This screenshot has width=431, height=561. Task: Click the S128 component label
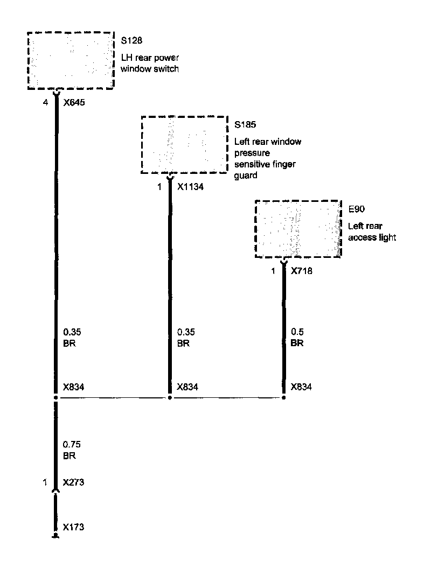(131, 40)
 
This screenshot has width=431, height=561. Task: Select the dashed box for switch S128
(71, 60)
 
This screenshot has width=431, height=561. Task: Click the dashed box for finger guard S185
(184, 144)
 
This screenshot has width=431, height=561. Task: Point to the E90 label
(356, 209)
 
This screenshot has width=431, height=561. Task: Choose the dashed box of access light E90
(298, 229)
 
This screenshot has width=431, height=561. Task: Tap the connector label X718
(302, 271)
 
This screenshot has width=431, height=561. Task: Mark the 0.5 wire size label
(296, 333)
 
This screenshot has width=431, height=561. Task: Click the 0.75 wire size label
(72, 445)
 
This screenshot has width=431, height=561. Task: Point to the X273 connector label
(74, 482)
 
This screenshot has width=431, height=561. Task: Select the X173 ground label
(74, 527)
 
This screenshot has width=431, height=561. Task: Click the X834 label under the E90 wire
(301, 387)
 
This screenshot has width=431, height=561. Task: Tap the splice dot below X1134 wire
(170, 398)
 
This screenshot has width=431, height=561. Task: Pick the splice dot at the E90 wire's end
(283, 398)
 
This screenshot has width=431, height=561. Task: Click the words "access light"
(372, 237)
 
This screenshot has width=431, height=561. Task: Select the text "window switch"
(149, 69)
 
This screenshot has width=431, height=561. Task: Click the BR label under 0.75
(69, 455)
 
